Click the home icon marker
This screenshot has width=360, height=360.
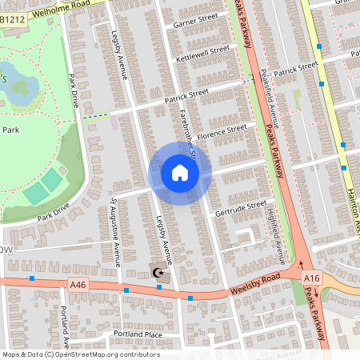point(179,173)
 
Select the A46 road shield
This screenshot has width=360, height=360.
point(78,283)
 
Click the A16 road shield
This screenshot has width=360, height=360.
point(311,277)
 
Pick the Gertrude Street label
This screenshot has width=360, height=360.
point(239,206)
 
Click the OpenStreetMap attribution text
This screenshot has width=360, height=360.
point(80,354)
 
